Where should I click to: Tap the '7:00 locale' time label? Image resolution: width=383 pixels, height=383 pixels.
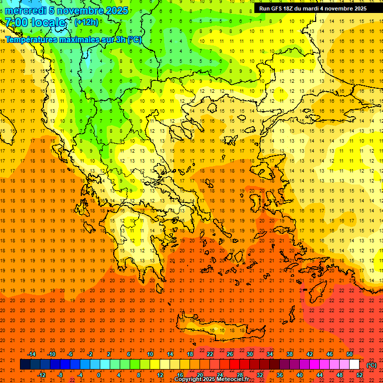coord(35,23)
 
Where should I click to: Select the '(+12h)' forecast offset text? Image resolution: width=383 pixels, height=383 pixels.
coord(86,22)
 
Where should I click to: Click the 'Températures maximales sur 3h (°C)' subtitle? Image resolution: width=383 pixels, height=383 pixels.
coord(73,39)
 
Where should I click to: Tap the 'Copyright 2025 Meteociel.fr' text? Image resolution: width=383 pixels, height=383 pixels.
coord(211,380)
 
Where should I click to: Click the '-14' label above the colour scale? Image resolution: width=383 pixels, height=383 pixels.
coord(31,354)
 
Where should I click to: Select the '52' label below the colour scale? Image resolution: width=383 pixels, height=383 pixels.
coord(360,375)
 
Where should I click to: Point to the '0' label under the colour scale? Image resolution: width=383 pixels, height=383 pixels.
coord(98,375)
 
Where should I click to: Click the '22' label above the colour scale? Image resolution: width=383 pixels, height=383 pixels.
coord(210,354)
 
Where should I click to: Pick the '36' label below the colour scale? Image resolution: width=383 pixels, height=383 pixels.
coord(280,375)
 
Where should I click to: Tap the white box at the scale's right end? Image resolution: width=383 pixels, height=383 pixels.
coord(354,365)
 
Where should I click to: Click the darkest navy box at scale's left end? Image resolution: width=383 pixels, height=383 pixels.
coord(25,365)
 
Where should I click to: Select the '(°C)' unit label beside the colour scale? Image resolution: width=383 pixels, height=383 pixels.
coord(371,365)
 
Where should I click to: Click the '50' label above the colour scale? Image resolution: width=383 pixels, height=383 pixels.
coord(350,354)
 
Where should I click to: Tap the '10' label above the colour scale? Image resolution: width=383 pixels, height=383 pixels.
coord(150,354)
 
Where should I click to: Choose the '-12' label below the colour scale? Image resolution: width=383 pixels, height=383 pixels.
coord(41,375)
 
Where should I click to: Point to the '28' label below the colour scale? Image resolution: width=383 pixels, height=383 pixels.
coord(240,375)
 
